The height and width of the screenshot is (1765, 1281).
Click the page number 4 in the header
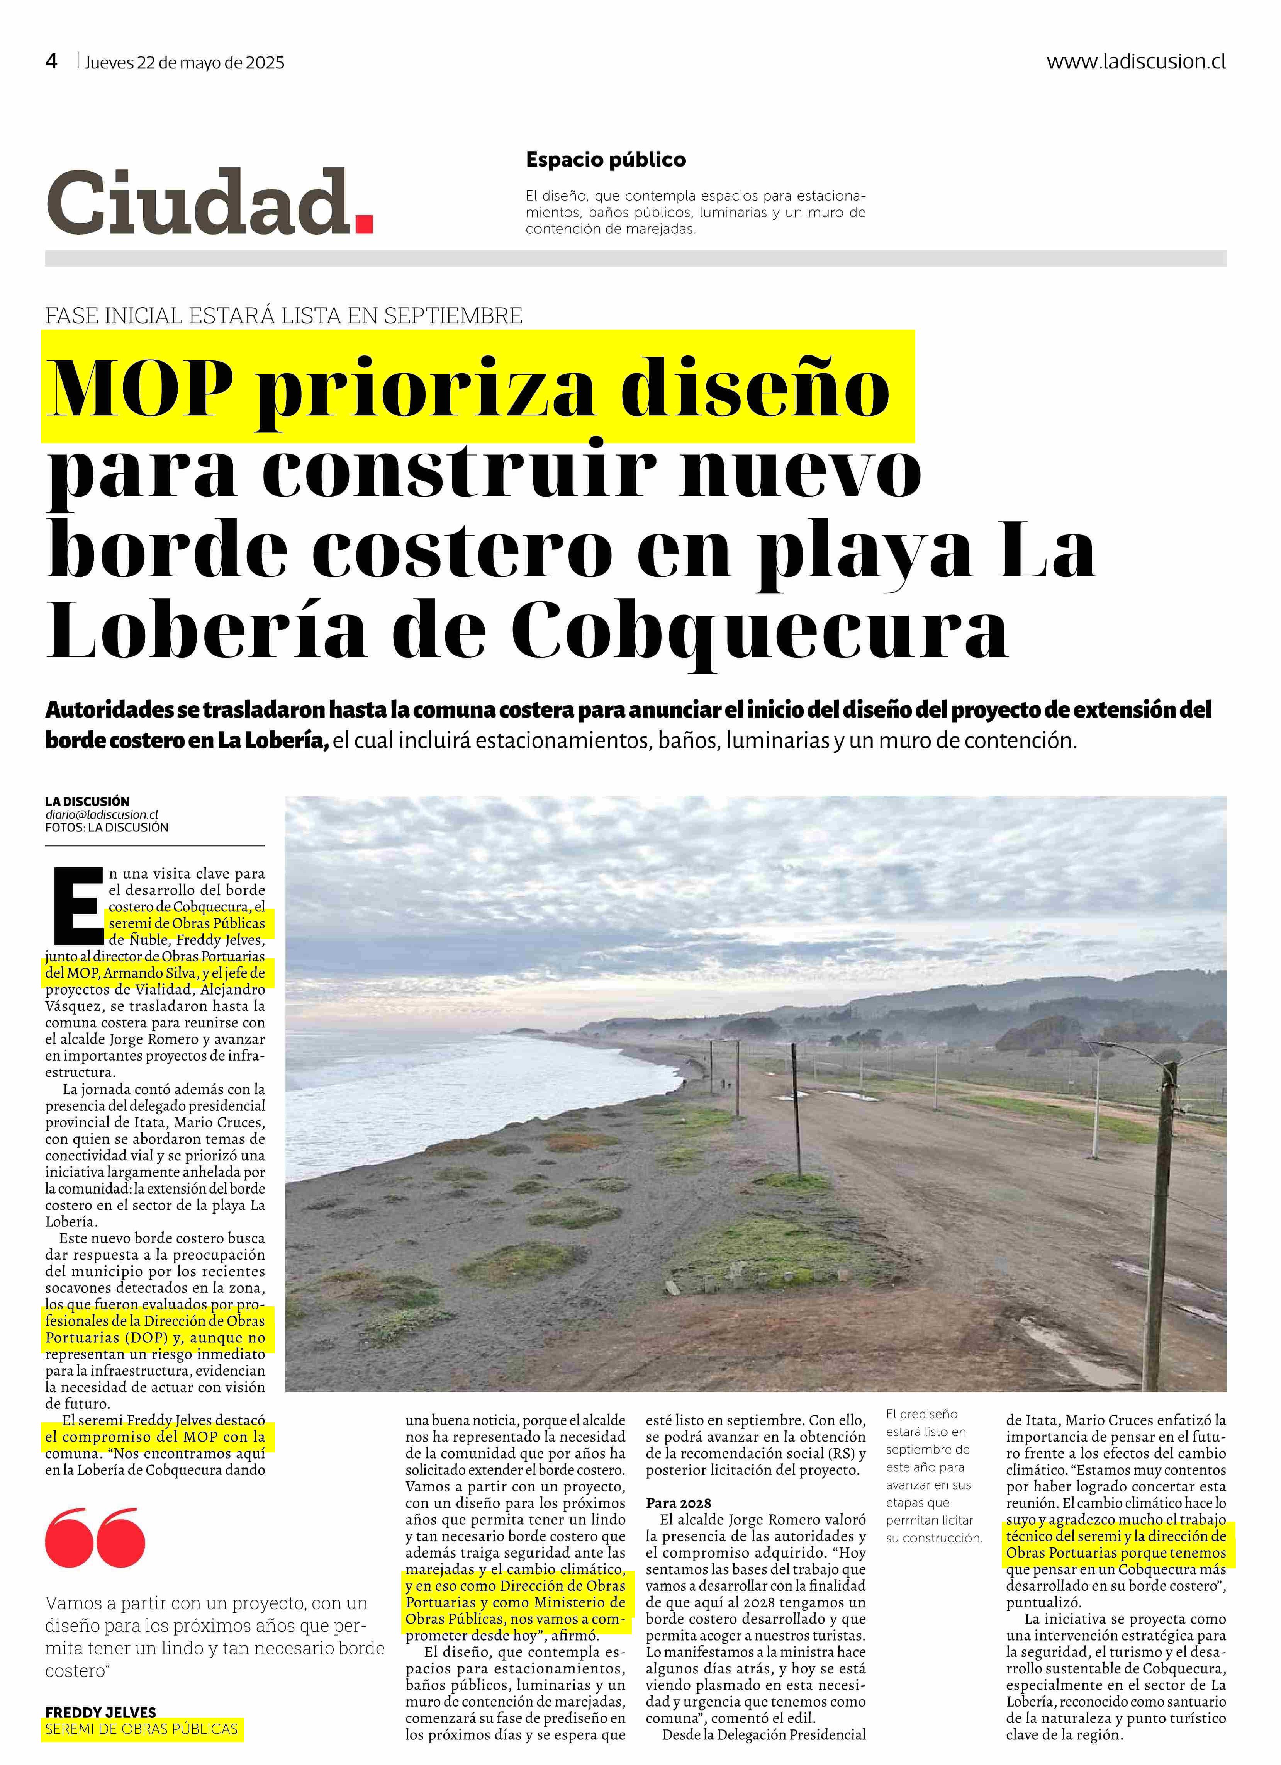point(51,62)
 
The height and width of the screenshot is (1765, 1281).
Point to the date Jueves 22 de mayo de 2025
point(185,63)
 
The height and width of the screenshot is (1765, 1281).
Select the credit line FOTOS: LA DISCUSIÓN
point(107,827)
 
